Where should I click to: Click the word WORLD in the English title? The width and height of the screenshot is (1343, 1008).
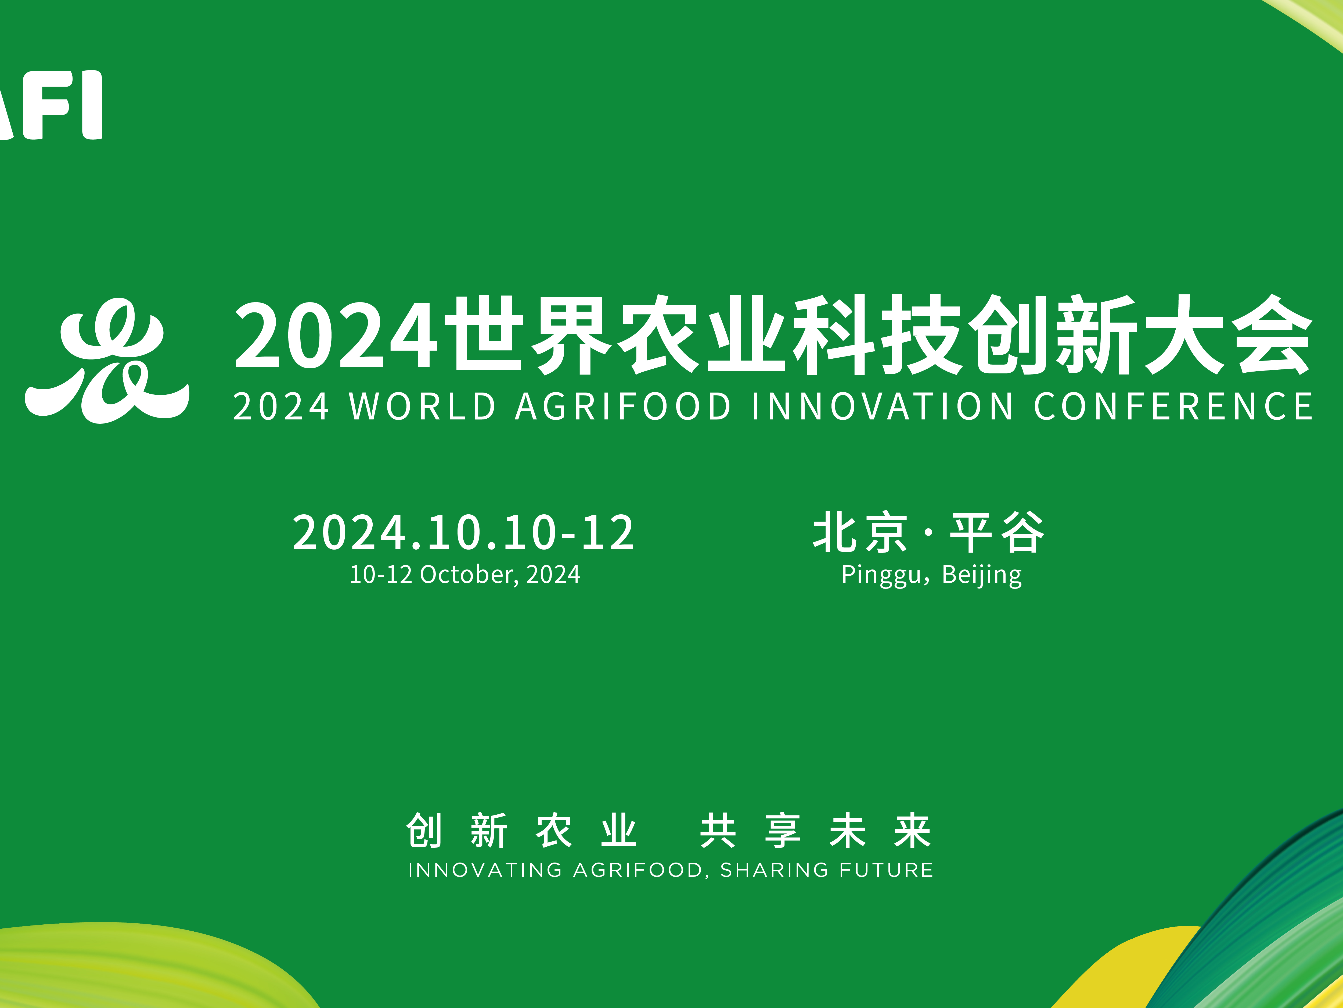point(423,407)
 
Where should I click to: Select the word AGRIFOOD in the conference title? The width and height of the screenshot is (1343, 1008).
point(624,407)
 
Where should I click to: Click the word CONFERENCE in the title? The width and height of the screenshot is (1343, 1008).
point(1173,407)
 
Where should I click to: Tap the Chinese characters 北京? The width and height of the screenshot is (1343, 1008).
point(860,532)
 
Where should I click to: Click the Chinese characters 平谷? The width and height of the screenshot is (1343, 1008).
point(998,532)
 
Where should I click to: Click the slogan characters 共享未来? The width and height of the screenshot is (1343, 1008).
point(815,831)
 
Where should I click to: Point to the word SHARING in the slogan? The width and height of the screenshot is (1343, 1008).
point(774,870)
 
